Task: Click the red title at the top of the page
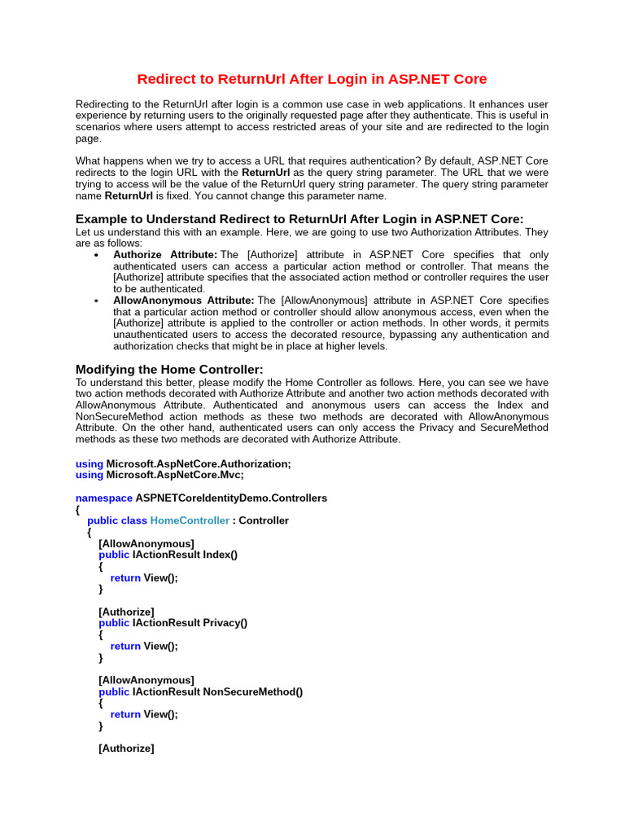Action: [312, 79]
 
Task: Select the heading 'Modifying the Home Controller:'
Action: [169, 369]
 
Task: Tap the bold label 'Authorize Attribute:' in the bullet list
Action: [165, 255]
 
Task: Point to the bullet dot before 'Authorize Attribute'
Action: [97, 255]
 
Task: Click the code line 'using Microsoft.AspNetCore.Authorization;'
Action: [183, 463]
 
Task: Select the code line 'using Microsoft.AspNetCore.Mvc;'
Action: [160, 475]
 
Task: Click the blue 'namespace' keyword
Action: [103, 498]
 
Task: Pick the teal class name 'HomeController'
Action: [190, 520]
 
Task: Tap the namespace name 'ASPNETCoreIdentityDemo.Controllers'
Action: [231, 498]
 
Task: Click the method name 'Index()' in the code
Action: [220, 555]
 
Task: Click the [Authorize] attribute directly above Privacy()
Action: [126, 612]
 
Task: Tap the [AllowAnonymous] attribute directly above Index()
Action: [146, 543]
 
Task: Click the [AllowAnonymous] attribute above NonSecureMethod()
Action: [146, 680]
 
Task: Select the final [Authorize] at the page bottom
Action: [126, 748]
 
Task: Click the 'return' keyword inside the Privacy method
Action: [125, 646]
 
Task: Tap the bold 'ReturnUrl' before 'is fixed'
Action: [129, 196]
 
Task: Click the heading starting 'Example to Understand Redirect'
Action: [299, 219]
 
